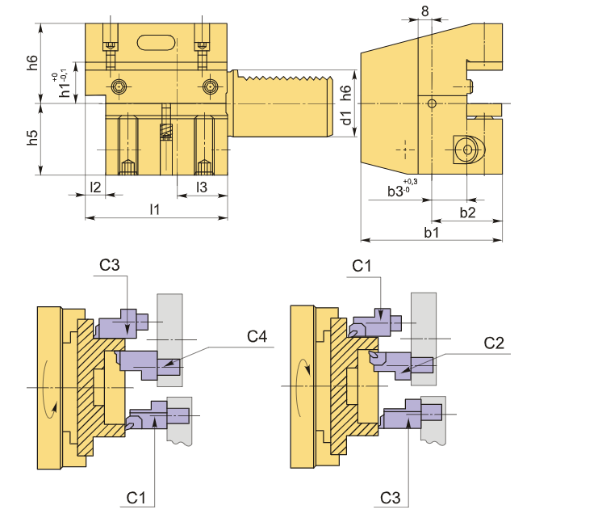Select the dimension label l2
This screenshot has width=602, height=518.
[95, 187]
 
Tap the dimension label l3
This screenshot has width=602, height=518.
[203, 187]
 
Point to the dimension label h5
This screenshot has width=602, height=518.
[33, 138]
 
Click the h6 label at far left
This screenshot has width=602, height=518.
[33, 62]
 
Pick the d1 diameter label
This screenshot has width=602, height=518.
[347, 118]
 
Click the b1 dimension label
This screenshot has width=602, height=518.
[431, 232]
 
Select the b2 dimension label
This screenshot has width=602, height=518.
[467, 212]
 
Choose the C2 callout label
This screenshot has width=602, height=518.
[495, 343]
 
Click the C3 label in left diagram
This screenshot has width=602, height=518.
[110, 265]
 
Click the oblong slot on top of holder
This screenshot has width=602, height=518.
[156, 42]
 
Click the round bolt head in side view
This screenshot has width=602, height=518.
[465, 149]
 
